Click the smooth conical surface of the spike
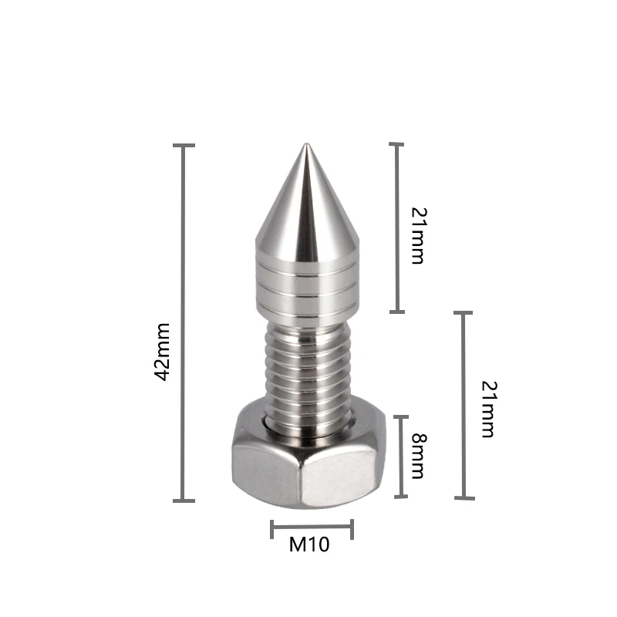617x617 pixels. coord(307,208)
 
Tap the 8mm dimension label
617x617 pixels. coord(417,455)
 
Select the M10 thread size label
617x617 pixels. coord(309,545)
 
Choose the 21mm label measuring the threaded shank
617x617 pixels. coord(487,409)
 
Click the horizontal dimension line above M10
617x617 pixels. coord(312,529)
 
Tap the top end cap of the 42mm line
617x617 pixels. coord(184,145)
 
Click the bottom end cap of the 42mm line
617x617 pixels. coord(184,501)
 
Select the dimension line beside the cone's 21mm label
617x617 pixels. coord(397,228)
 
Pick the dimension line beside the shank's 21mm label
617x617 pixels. coord(464,405)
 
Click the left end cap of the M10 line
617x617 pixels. coord(272,529)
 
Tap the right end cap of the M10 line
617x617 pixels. coord(352,529)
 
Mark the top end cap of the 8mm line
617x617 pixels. coord(401,416)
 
